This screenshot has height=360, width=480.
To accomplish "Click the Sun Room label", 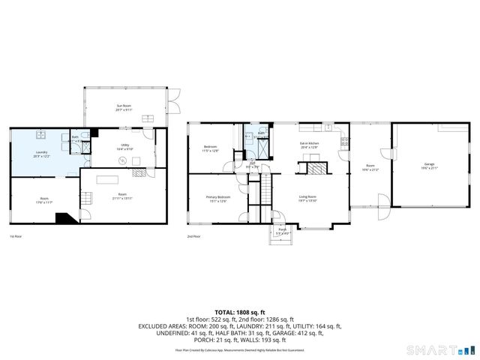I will pyautogui.click(x=124, y=107).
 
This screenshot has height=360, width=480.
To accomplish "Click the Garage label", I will pyautogui.click(x=429, y=165).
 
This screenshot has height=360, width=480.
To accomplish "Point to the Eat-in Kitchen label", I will pyautogui.click(x=309, y=145).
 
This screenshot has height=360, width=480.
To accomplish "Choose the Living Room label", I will pyautogui.click(x=308, y=199).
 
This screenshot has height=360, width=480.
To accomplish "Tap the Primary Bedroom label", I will pyautogui.click(x=217, y=199).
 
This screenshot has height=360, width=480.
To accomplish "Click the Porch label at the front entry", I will pyautogui.click(x=282, y=230).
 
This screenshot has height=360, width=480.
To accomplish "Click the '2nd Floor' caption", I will pyautogui.click(x=194, y=236).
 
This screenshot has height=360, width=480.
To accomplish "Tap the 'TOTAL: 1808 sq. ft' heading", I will pyautogui.click(x=239, y=312).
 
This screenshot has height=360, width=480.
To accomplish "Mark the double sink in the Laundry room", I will pyautogui.click(x=43, y=136).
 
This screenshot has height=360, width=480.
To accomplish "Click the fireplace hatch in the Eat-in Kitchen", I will pyautogui.click(x=315, y=169).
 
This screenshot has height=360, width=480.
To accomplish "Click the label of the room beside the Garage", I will pyautogui.click(x=370, y=166).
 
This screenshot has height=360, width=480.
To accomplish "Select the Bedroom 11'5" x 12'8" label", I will pyautogui.click(x=211, y=148).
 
